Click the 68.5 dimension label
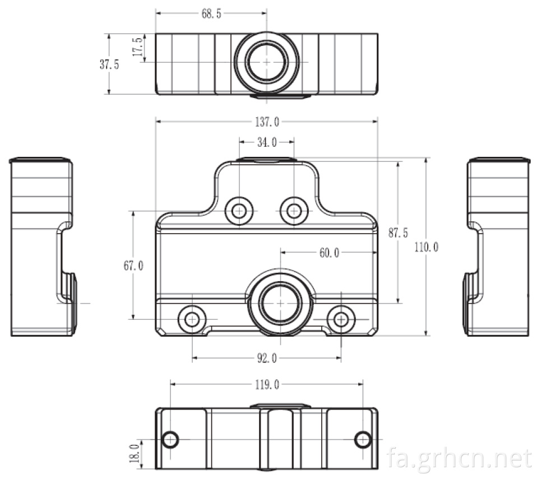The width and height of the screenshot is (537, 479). click(x=211, y=13)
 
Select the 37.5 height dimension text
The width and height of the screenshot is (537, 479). click(x=109, y=64)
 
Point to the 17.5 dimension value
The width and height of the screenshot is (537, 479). click(x=138, y=47)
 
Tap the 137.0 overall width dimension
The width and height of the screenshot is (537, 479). click(x=267, y=122)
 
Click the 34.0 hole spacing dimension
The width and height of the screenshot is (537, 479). click(x=267, y=142)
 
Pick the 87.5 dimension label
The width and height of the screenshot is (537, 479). click(x=398, y=233)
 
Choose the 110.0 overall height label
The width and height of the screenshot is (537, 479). click(x=426, y=247)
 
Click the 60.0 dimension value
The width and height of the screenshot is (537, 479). click(x=329, y=253)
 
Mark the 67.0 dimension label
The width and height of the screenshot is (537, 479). click(x=133, y=266)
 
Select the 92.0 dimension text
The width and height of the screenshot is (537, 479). click(x=267, y=359)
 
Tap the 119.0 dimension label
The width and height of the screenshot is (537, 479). click(x=267, y=385)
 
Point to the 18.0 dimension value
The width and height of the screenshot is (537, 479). click(x=135, y=453)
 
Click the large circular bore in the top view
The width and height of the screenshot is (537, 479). click(x=266, y=62)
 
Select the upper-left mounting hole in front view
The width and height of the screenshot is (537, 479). click(x=239, y=211)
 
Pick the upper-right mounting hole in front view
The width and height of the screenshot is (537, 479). click(x=294, y=211)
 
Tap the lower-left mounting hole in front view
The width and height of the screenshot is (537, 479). click(x=192, y=319)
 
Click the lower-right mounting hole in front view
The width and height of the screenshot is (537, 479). click(x=341, y=319)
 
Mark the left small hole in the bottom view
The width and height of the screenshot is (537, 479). click(x=170, y=439)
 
